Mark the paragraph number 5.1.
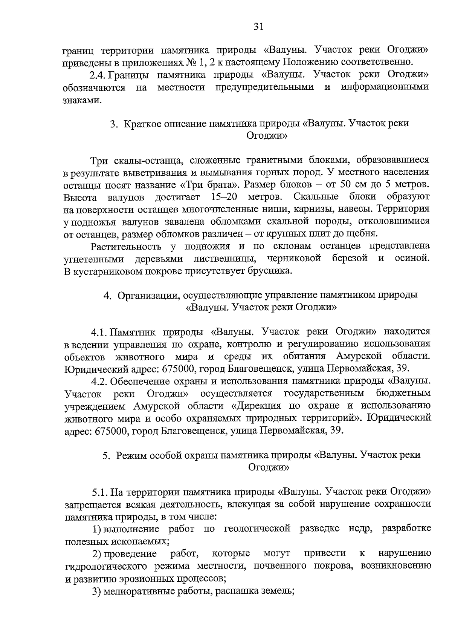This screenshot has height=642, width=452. (x=99, y=492)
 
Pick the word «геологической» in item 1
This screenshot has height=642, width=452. (x=257, y=529)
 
